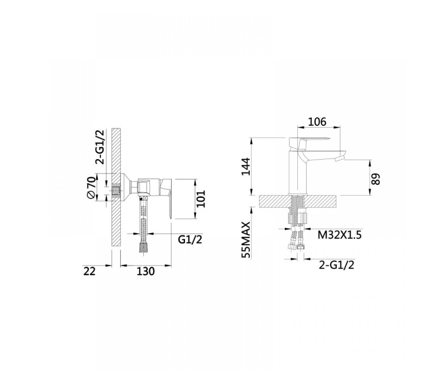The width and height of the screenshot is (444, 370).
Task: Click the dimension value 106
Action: click(x=317, y=122)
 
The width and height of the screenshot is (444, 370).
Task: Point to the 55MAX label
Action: click(x=246, y=240)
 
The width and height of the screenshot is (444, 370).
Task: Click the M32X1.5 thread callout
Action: click(x=339, y=235)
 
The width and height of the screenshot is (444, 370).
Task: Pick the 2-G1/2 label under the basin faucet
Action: click(x=336, y=265)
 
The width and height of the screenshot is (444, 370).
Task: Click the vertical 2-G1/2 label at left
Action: click(x=100, y=147)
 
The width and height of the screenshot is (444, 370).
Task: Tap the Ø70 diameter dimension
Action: click(x=91, y=187)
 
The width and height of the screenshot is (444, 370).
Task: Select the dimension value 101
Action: click(x=201, y=199)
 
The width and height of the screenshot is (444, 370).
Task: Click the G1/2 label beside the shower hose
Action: click(x=190, y=240)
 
